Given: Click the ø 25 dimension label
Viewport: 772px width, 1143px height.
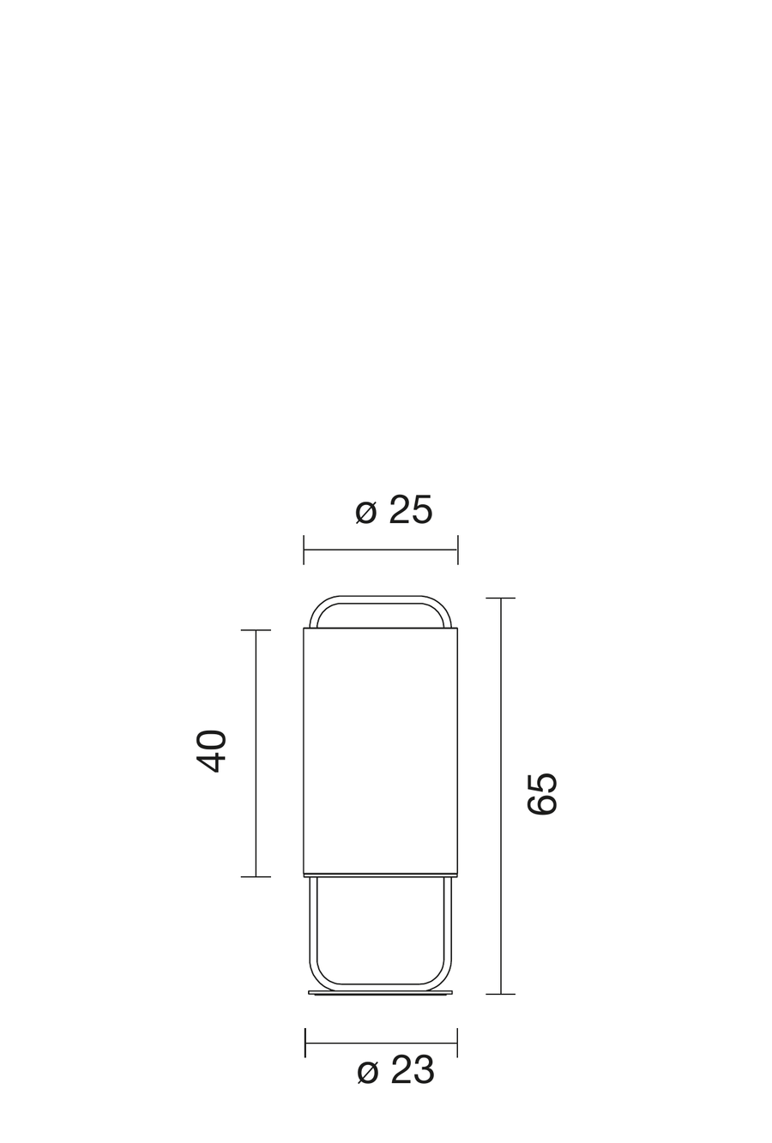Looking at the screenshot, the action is click(x=394, y=509).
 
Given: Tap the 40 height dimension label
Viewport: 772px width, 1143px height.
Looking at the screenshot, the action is click(x=211, y=751).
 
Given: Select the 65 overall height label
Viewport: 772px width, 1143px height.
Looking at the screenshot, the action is click(x=542, y=794).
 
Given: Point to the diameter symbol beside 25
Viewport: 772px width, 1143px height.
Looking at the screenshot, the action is click(x=365, y=512).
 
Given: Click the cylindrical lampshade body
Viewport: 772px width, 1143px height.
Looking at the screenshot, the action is click(x=380, y=752).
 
